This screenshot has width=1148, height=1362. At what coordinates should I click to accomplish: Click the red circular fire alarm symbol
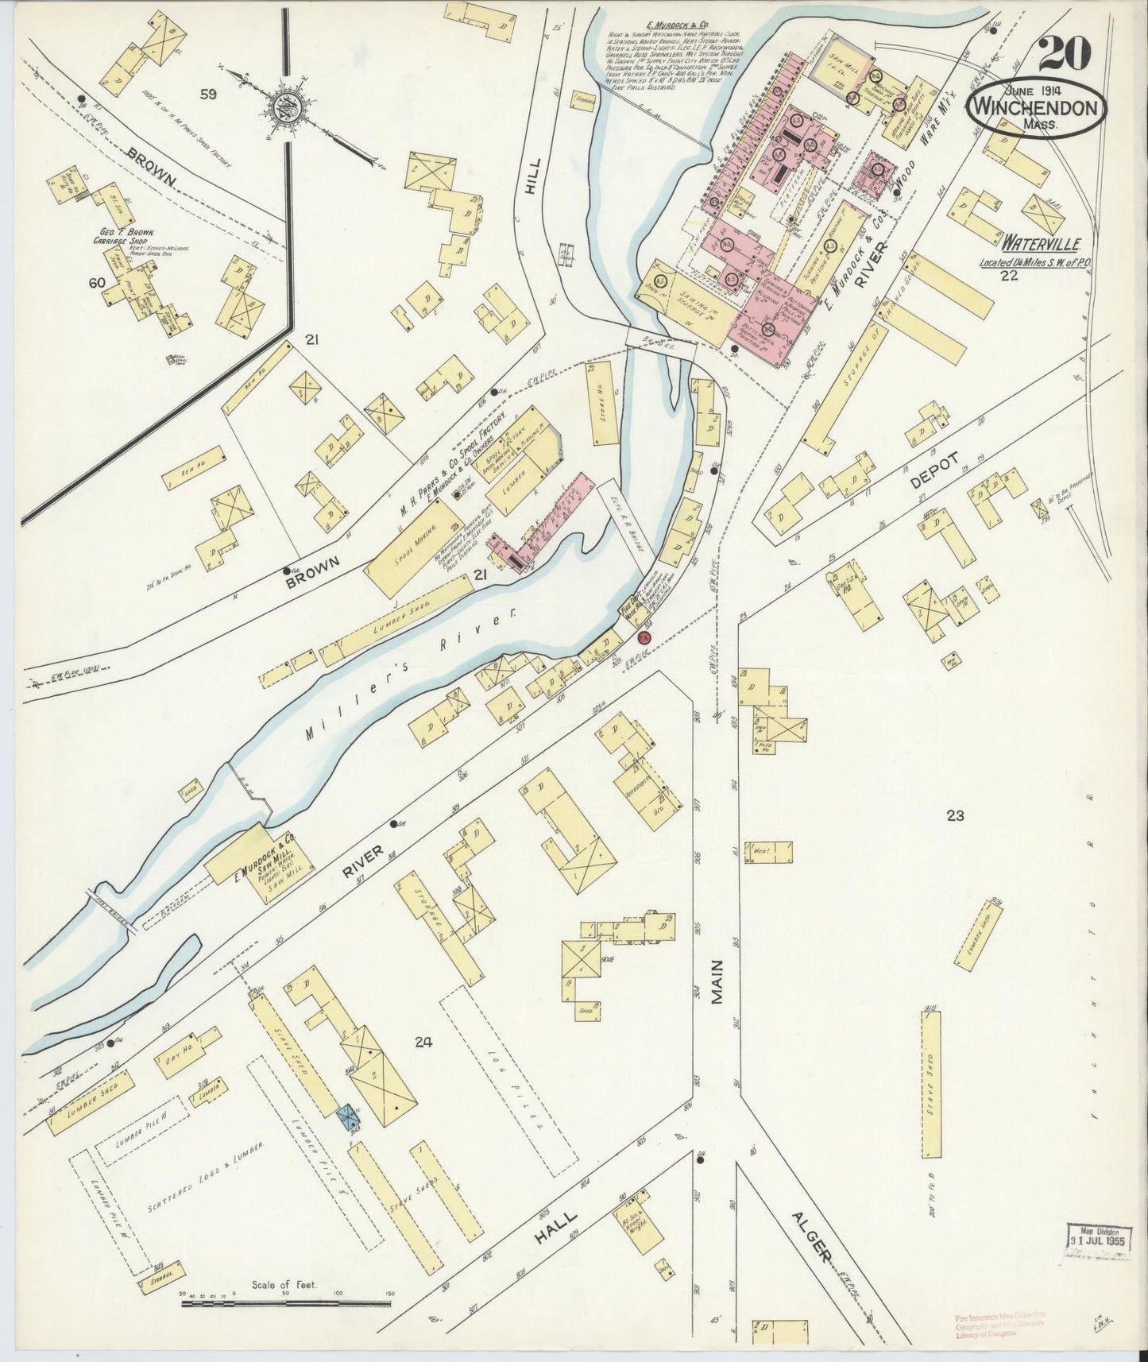point(644,637)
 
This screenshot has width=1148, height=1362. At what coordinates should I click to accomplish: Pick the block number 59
point(208,95)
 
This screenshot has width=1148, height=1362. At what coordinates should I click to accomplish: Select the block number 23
point(954,814)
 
